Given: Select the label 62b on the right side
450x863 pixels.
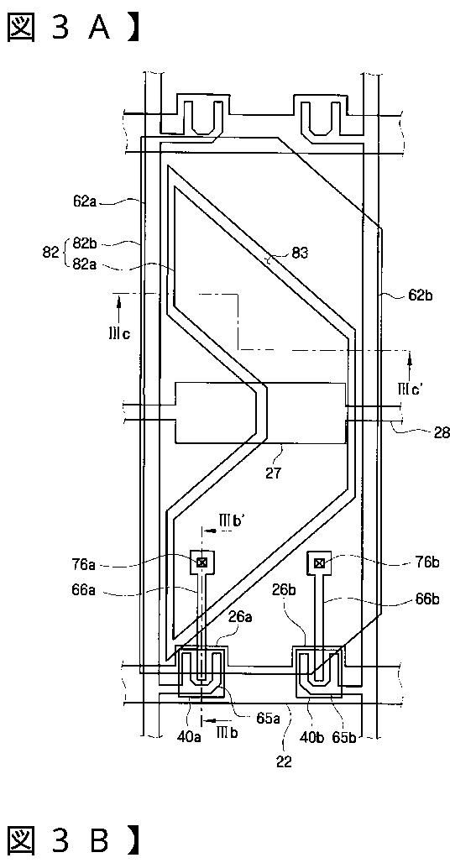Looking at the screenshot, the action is tap(420, 296).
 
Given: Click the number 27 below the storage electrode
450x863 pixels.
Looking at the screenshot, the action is tap(273, 473).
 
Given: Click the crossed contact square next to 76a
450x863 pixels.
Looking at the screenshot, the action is tap(202, 562).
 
